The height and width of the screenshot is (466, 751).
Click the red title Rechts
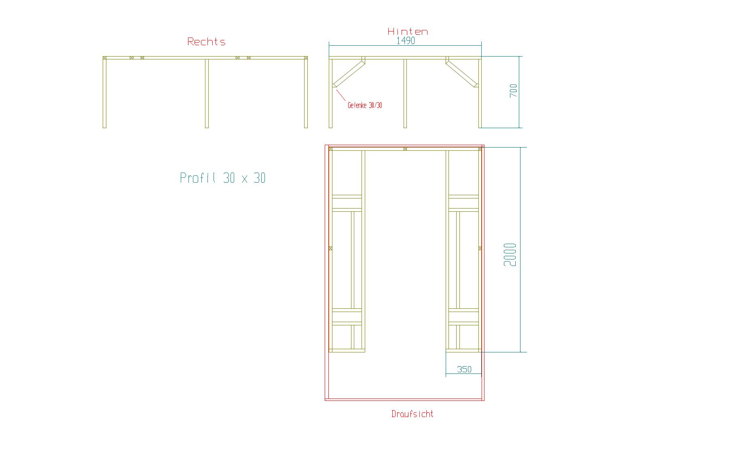click(206, 42)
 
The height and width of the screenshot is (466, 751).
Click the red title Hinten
click(408, 32)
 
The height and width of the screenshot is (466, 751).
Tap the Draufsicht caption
click(412, 414)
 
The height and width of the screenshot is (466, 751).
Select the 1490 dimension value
click(406, 41)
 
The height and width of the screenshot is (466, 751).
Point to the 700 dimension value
click(513, 91)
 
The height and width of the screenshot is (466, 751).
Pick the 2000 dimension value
click(510, 255)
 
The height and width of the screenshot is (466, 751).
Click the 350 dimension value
click(464, 369)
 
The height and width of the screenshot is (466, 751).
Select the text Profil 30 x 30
click(223, 178)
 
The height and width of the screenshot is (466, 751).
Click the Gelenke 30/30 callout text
click(365, 105)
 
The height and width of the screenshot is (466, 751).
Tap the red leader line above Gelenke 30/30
click(341, 95)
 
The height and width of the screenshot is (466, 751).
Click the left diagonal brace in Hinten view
click(349, 73)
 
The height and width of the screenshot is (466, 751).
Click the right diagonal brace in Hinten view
click(462, 73)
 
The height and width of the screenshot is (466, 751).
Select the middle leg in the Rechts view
click(207, 93)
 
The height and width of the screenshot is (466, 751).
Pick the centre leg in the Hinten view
click(405, 93)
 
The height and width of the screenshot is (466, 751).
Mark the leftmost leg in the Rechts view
click(104, 93)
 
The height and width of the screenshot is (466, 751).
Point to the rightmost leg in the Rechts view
click(306, 93)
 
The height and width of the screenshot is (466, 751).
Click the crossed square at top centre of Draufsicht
click(405, 149)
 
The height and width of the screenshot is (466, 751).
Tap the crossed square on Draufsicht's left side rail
click(330, 248)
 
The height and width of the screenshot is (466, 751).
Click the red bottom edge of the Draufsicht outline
click(404, 400)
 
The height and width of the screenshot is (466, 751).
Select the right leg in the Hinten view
click(480, 93)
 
